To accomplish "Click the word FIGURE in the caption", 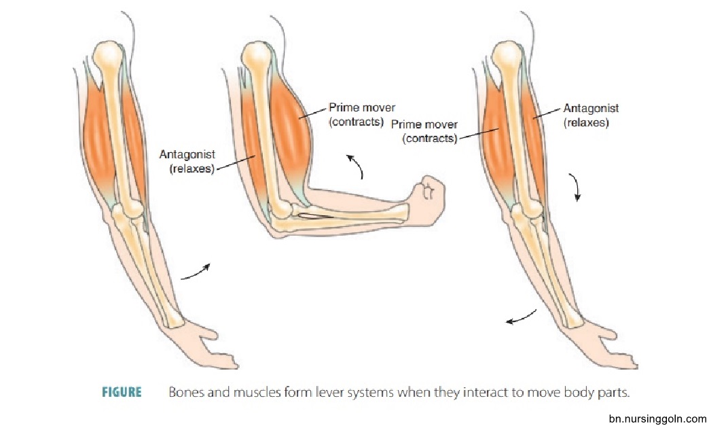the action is (122, 391).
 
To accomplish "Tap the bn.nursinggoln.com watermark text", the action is (657, 419).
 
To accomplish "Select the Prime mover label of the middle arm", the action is (361, 114).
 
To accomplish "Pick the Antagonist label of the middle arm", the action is (187, 162).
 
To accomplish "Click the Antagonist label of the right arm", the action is (591, 116).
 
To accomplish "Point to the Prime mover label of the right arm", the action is (424, 131).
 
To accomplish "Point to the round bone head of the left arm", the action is (107, 55).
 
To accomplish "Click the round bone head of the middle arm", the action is (257, 56).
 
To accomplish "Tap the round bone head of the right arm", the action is (507, 55).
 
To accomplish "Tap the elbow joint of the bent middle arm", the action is (281, 211).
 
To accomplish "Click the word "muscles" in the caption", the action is (257, 391).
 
